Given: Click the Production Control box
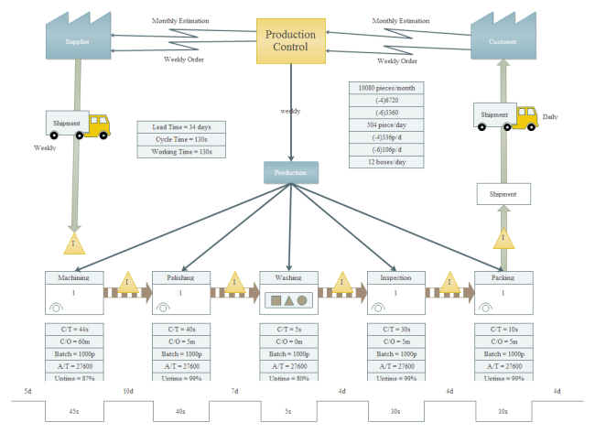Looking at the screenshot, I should point(290,41).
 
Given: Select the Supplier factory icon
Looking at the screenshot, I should point(77,36).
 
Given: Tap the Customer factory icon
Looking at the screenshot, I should point(502,36).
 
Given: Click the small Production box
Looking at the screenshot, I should point(291,172).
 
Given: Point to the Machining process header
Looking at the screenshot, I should point(73,277).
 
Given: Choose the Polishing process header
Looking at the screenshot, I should point(181,277).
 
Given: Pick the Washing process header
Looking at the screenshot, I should point(289,277).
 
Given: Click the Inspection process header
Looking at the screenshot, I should point(396,277).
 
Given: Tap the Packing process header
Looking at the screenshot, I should point(503,277).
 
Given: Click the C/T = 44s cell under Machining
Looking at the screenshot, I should point(73,328).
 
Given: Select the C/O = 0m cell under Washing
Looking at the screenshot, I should point(289,341).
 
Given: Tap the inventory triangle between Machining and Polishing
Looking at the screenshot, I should point(127,282).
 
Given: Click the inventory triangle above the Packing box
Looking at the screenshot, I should point(503,239).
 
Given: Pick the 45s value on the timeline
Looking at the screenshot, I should point(74,411).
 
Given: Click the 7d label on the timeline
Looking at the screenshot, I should point(234,392).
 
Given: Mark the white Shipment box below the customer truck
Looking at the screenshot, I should point(503,193).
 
